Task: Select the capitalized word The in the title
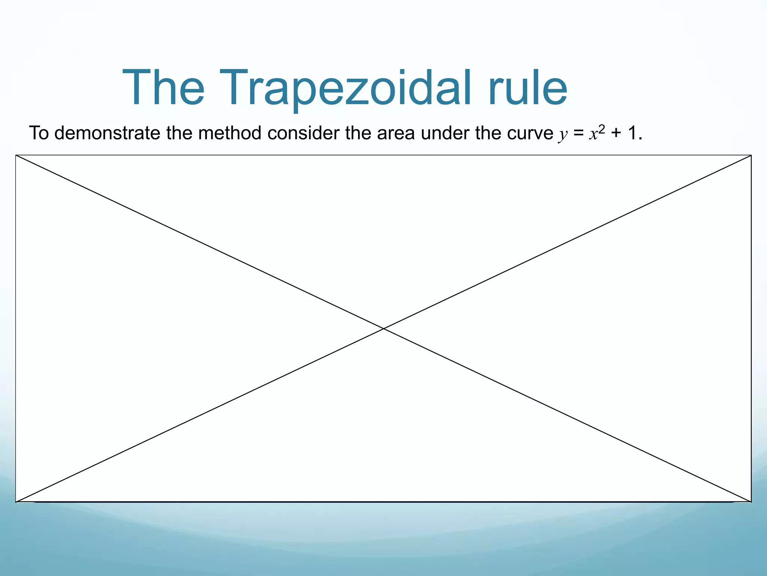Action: click(164, 88)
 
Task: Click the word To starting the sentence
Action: click(39, 133)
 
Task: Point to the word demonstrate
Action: click(107, 133)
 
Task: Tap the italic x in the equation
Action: click(593, 134)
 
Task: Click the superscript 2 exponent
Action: click(602, 129)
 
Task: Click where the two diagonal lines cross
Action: click(383, 328)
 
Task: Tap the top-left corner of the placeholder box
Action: click(16, 155)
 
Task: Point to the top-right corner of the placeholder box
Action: click(751, 155)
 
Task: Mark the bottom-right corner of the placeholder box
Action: click(751, 502)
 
